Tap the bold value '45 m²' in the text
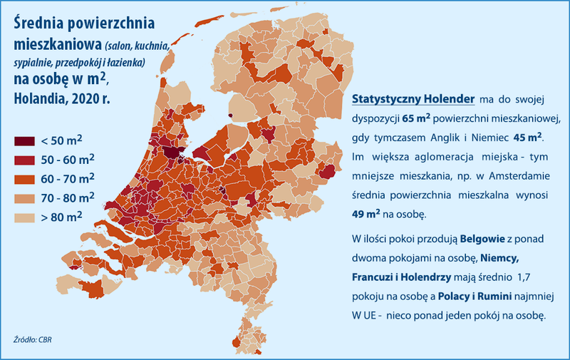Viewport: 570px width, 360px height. coord(528,135)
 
